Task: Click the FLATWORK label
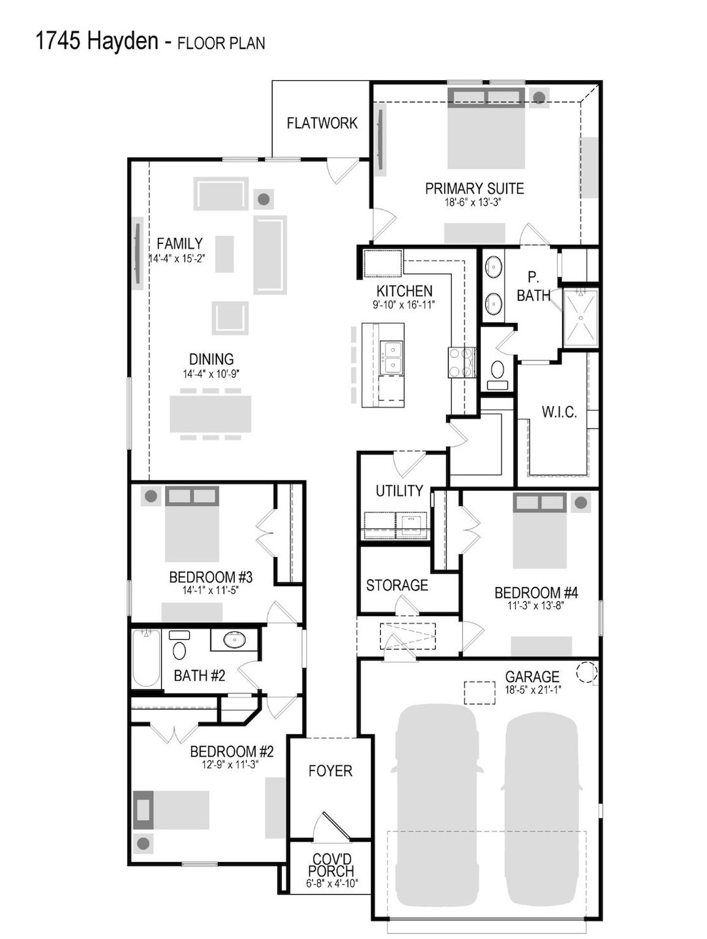pos(322,123)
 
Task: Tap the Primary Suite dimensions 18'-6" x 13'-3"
pos(473,202)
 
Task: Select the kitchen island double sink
pos(391,357)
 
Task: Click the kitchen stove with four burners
pos(461,362)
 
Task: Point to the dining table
pos(210,414)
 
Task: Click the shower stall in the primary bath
pos(580,318)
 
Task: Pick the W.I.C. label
pos(559,412)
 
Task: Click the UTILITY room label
pos(399,490)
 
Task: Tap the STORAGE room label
pos(397,585)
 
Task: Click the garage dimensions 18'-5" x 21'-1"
pos(532,689)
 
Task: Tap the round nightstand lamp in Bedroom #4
pos(580,502)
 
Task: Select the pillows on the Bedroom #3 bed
pos(192,496)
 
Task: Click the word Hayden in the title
pos(123,42)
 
